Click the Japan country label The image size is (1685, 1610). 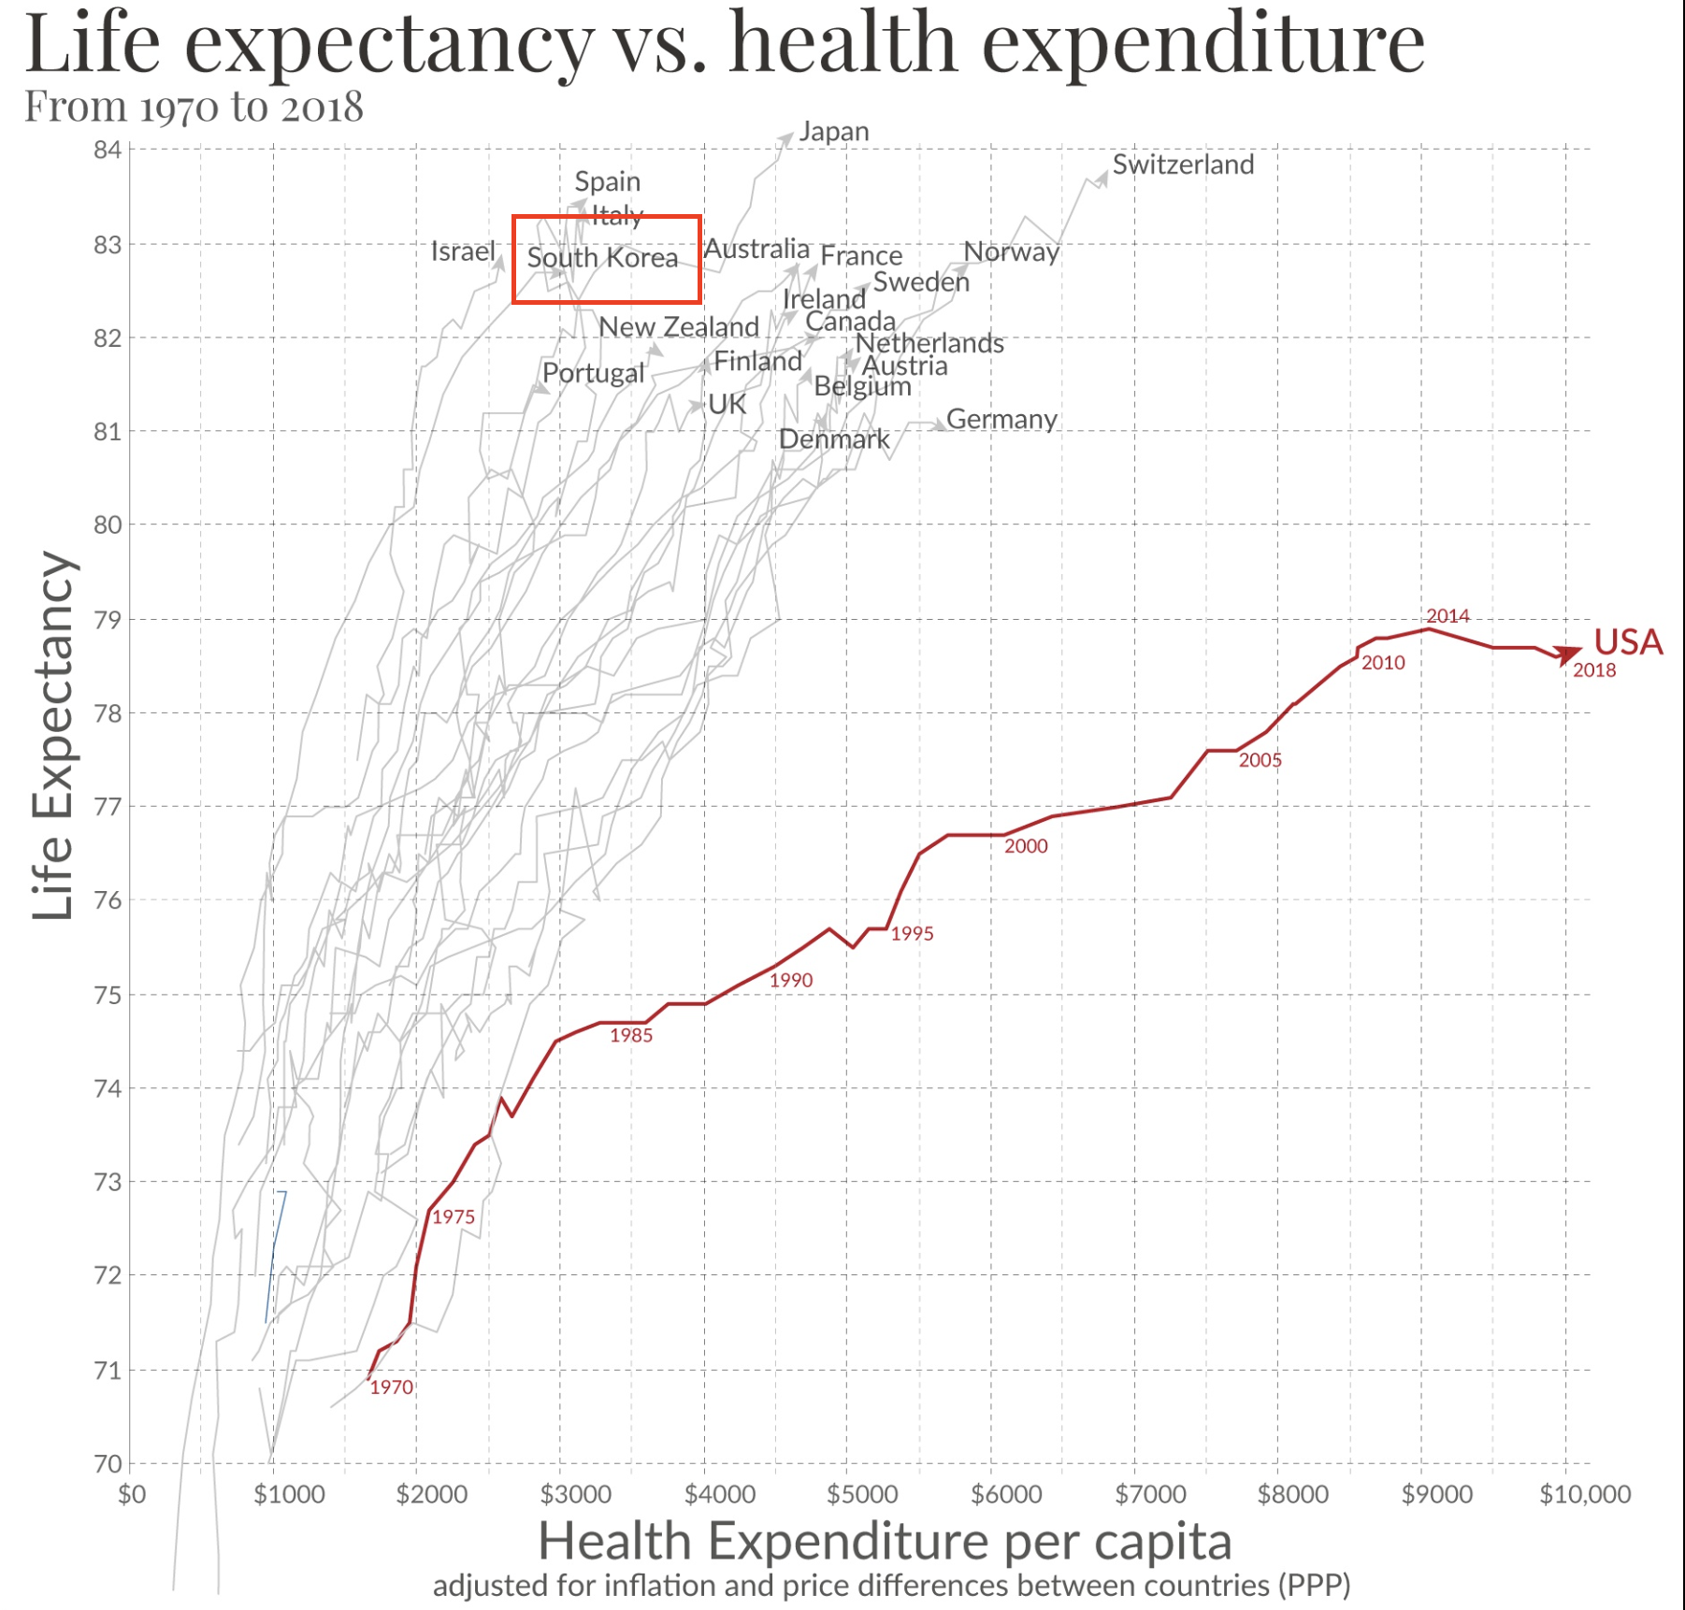tap(833, 132)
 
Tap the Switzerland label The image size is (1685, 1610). tap(1183, 165)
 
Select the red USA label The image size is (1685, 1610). tap(1628, 641)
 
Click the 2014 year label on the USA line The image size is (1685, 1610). tap(1447, 615)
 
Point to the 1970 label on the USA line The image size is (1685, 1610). tap(391, 1387)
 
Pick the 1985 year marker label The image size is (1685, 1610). tap(631, 1035)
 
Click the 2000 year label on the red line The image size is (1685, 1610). tap(1026, 846)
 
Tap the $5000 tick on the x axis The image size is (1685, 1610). tap(862, 1494)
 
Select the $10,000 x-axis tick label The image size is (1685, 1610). tap(1585, 1494)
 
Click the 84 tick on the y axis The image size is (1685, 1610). tap(108, 150)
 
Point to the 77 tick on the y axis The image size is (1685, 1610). tap(108, 806)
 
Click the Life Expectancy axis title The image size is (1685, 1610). tap(52, 735)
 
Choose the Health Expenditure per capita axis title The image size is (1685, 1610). tap(885, 1541)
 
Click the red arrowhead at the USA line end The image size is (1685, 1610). tap(1568, 654)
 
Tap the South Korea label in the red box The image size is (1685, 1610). tap(602, 258)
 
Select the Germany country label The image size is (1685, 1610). tap(1001, 419)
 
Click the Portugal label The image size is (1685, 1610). tap(593, 373)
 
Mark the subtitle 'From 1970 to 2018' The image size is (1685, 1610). tap(194, 107)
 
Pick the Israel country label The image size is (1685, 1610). tap(463, 252)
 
